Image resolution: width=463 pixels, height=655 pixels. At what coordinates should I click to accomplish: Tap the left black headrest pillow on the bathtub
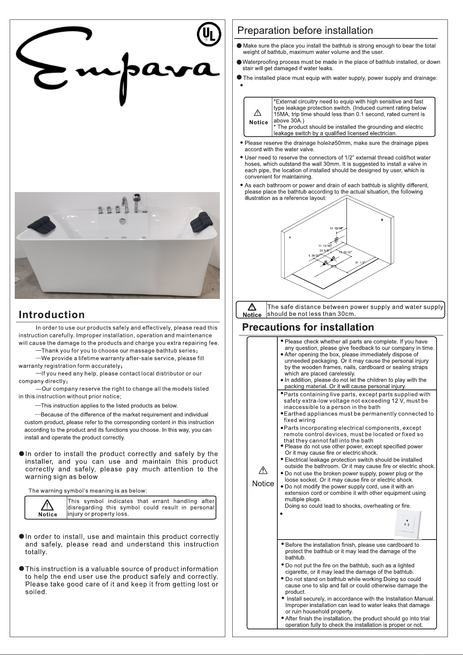point(38,224)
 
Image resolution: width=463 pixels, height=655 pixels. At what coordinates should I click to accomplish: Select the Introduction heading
point(52,314)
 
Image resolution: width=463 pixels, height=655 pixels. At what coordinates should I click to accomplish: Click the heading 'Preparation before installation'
point(305,30)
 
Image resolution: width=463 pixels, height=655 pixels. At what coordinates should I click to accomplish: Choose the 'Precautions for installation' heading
point(308,327)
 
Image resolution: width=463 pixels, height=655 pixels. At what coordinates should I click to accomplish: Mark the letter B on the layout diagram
point(383,220)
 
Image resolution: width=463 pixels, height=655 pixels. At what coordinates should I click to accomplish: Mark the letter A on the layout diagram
point(290,237)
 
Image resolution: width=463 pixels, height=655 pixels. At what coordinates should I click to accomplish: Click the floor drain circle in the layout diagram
point(333,267)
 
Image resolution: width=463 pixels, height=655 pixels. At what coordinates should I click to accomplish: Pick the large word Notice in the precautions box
point(263,484)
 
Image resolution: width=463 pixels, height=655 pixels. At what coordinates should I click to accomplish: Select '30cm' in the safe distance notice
point(346,314)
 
